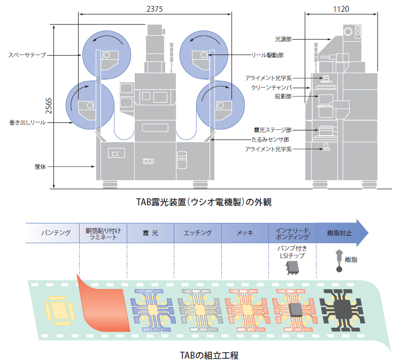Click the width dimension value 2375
click(x=156, y=8)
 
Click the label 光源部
click(x=283, y=38)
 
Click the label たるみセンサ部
click(x=245, y=139)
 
